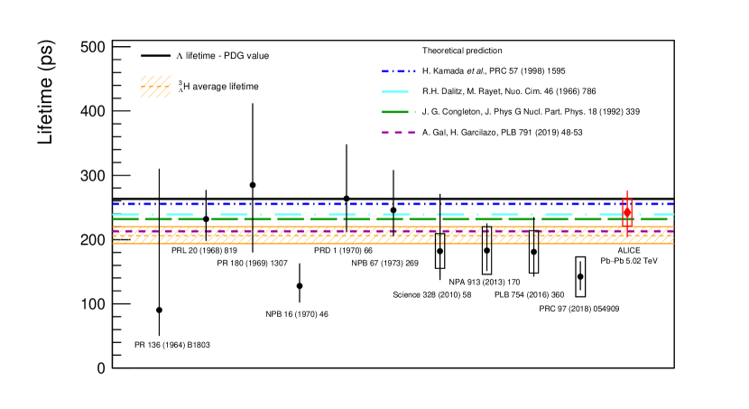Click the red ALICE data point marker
[x=627, y=212]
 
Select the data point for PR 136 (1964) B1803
[x=159, y=310]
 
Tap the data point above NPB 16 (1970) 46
[x=300, y=285]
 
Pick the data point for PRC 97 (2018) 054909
[x=580, y=276]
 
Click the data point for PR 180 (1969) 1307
[x=253, y=185]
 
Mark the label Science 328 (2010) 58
[x=432, y=294]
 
